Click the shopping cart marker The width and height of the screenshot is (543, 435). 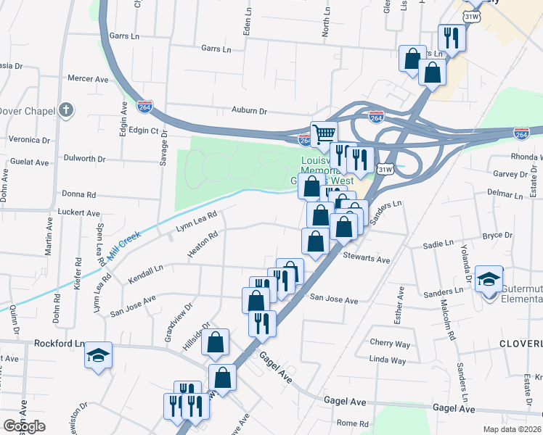(x=324, y=133)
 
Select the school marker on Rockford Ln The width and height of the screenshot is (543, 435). (x=98, y=355)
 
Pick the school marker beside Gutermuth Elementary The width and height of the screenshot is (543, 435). (x=489, y=278)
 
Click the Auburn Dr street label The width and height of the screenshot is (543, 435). (x=249, y=112)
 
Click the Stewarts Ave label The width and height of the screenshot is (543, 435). (x=367, y=259)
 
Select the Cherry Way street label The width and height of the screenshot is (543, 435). (x=390, y=343)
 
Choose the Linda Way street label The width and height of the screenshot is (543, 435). (x=388, y=360)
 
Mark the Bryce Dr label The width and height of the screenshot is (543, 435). (x=497, y=235)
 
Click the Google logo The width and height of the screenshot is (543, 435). (x=24, y=426)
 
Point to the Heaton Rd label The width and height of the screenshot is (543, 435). (x=203, y=246)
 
